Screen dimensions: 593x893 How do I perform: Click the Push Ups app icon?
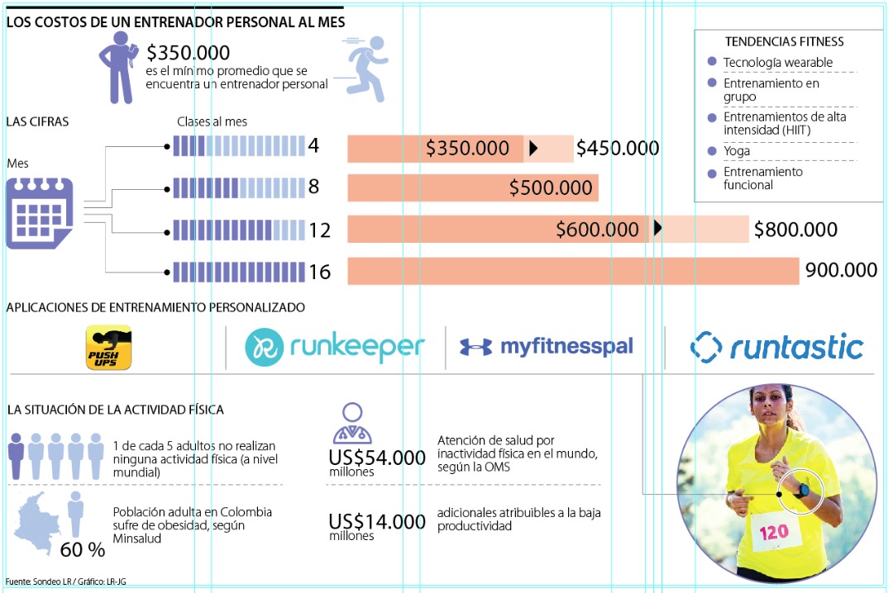click(109, 348)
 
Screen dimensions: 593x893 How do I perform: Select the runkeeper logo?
click(335, 348)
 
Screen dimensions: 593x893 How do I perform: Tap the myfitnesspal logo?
click(547, 347)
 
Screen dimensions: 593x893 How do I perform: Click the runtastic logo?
click(776, 348)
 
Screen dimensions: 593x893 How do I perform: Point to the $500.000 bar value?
click(551, 188)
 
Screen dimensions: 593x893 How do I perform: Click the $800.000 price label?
click(795, 230)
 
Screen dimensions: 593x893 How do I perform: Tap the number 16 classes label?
click(319, 272)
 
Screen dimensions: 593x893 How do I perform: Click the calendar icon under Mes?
click(40, 213)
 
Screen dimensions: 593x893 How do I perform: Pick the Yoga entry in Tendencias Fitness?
click(737, 151)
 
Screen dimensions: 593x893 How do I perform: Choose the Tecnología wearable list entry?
click(777, 63)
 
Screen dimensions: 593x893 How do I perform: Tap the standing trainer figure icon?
click(118, 68)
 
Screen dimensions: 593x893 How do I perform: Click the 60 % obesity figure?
click(84, 549)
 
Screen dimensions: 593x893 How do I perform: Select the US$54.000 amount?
click(377, 458)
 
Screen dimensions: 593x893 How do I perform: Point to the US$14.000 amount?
click(377, 522)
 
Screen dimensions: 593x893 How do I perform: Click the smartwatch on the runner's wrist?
click(800, 490)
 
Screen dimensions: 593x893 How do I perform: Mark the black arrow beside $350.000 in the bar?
click(533, 148)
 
